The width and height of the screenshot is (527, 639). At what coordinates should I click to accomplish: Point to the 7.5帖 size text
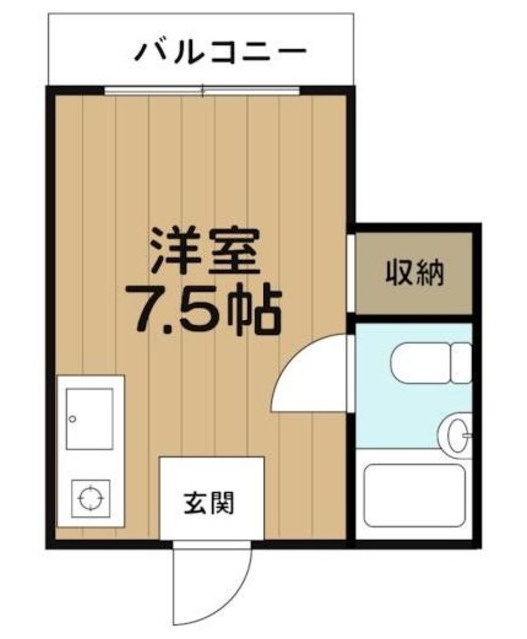[x=204, y=311]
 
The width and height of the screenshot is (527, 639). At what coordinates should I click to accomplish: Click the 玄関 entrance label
[x=209, y=503]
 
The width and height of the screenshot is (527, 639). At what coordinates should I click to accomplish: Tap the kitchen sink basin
[x=90, y=419]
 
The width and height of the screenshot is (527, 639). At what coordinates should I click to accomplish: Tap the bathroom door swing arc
[x=311, y=375]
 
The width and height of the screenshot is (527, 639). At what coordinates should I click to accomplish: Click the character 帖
[x=257, y=311]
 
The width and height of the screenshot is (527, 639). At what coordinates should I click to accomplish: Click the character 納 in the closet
[x=430, y=271]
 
